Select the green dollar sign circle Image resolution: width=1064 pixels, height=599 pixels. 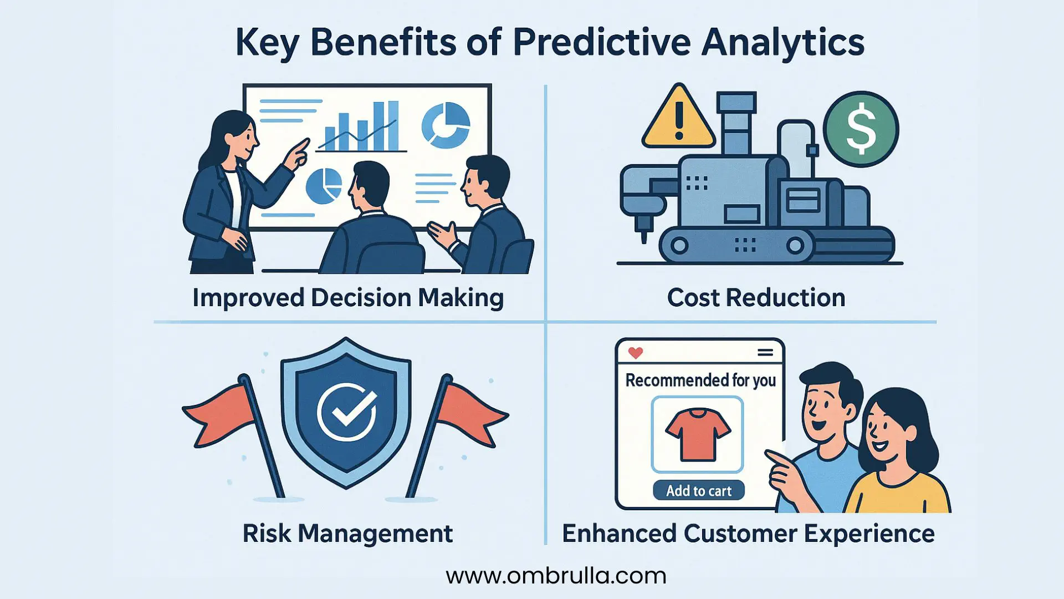pyautogui.click(x=861, y=129)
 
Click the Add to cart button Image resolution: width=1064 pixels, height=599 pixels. pyautogui.click(x=698, y=490)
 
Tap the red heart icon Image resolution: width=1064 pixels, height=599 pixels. pyautogui.click(x=635, y=353)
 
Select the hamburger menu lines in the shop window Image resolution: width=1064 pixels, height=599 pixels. pyautogui.click(x=765, y=353)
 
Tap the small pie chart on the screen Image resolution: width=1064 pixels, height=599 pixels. pyautogui.click(x=324, y=186)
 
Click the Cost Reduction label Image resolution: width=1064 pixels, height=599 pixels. pyautogui.click(x=756, y=298)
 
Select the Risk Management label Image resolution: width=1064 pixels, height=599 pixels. pyautogui.click(x=347, y=534)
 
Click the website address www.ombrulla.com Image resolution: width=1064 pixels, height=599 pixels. pyautogui.click(x=556, y=576)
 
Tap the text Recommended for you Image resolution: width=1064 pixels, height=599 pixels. pyautogui.click(x=700, y=380)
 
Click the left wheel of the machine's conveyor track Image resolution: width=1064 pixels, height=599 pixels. pyautogui.click(x=679, y=245)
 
